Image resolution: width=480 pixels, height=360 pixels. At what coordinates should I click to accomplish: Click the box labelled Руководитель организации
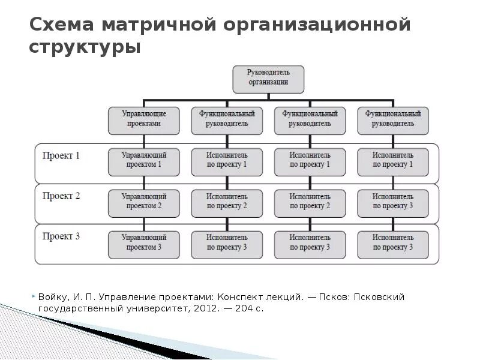(268, 79)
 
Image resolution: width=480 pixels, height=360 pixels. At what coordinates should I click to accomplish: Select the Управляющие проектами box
(144, 119)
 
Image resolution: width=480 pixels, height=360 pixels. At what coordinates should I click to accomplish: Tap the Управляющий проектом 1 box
(144, 160)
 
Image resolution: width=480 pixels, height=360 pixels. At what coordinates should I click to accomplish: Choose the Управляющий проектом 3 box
(144, 243)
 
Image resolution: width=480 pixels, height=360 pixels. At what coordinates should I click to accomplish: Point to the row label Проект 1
(61, 155)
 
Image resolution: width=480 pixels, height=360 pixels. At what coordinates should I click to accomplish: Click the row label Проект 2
(61, 196)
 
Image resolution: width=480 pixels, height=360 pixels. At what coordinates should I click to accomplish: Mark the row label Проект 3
(61, 236)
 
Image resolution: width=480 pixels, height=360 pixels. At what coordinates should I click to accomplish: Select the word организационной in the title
(317, 25)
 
